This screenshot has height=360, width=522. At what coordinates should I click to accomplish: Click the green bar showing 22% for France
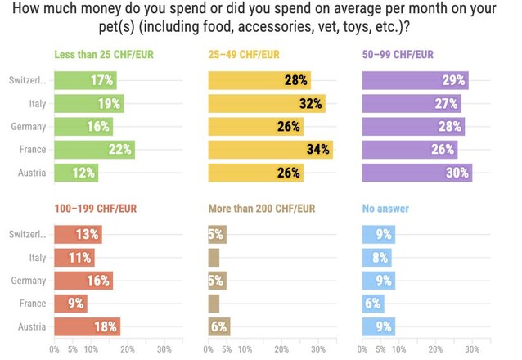click(x=94, y=150)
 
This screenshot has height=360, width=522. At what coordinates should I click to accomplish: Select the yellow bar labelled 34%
click(x=270, y=150)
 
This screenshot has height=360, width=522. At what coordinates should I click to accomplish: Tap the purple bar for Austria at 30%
click(x=416, y=173)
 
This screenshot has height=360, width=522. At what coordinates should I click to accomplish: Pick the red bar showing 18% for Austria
click(x=87, y=326)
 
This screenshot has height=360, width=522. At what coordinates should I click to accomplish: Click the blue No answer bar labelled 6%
click(x=373, y=304)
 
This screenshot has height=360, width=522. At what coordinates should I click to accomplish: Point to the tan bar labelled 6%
click(x=219, y=326)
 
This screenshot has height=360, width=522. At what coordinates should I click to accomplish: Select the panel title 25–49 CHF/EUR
click(x=244, y=55)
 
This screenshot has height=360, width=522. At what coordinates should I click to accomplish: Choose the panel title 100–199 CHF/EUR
click(x=95, y=209)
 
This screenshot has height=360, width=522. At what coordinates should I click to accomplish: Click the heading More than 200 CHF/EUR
click(x=261, y=209)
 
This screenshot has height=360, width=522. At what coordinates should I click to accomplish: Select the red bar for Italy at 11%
click(x=74, y=258)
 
